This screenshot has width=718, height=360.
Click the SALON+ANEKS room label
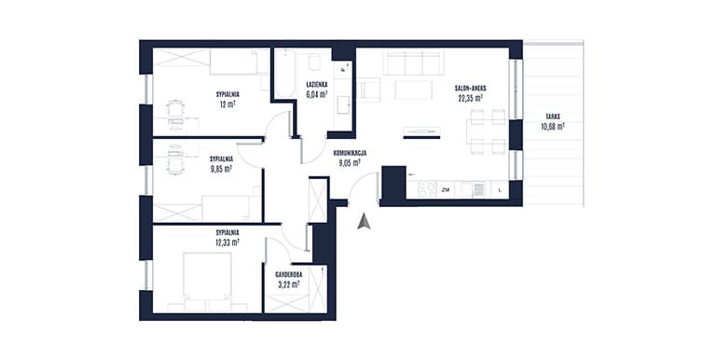pyautogui.click(x=470, y=89)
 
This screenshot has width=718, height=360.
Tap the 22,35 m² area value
pyautogui.click(x=470, y=97)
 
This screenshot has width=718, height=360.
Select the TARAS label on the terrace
pyautogui.click(x=552, y=117)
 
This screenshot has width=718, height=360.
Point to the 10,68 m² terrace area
pyautogui.click(x=552, y=126)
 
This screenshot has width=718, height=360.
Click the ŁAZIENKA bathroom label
pyautogui.click(x=317, y=84)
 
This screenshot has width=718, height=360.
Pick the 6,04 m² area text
pyautogui.click(x=317, y=94)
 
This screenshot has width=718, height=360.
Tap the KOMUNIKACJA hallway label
pyautogui.click(x=350, y=154)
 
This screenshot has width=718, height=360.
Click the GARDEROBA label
pyautogui.click(x=288, y=275)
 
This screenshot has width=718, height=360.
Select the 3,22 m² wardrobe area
pyautogui.click(x=288, y=284)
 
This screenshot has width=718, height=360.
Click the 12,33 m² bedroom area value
pyautogui.click(x=228, y=242)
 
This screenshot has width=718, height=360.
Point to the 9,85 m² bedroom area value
pyautogui.click(x=221, y=168)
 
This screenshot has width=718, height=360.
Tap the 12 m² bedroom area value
pyautogui.click(x=228, y=104)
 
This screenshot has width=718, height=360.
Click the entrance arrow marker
pyautogui.click(x=364, y=221)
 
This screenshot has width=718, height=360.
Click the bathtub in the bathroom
pyautogui.click(x=285, y=73)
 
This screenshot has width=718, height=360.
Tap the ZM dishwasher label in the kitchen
pyautogui.click(x=445, y=189)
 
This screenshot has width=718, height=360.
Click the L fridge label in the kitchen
pyautogui.click(x=500, y=189)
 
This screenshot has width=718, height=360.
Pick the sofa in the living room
pyautogui.click(x=414, y=63)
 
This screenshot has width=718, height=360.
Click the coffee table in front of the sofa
pyautogui.click(x=413, y=90)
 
